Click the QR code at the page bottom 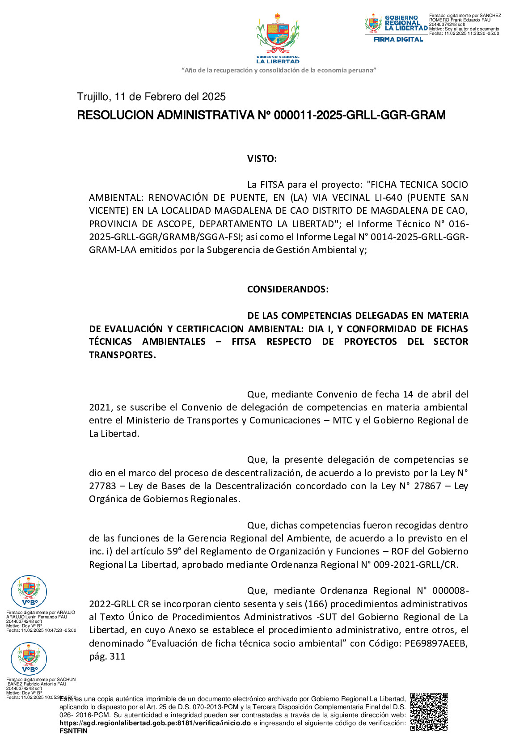(429, 712)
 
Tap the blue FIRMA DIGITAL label (398, 39)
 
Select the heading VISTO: (262, 159)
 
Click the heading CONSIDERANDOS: (288, 289)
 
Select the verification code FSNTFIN (73, 731)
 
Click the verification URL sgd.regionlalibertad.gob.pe (155, 723)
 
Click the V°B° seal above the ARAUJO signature (29, 592)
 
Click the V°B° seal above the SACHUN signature (29, 659)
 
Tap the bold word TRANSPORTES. (122, 355)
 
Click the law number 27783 (102, 486)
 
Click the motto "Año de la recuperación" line (279, 70)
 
